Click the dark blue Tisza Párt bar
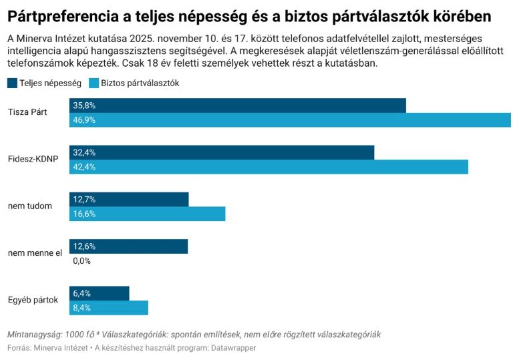point(237,106)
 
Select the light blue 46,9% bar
point(290,120)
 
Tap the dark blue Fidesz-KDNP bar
point(221,152)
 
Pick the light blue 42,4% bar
point(269,167)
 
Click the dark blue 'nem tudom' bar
point(129,199)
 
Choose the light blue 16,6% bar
point(147,214)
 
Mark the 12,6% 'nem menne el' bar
point(128,246)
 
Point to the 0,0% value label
point(81,261)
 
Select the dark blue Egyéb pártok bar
point(99,293)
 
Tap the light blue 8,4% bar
point(108,308)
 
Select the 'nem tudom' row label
point(30,206)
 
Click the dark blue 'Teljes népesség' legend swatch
point(12,83)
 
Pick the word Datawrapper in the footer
point(233,348)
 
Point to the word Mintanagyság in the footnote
point(35,334)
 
